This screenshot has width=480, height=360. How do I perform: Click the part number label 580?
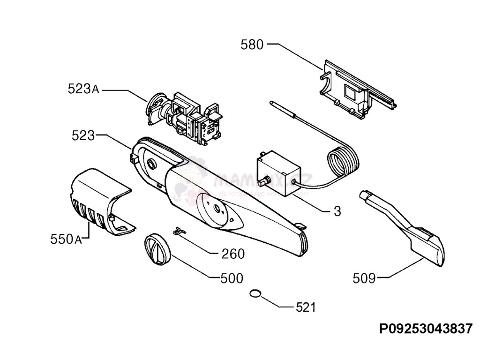(252, 45)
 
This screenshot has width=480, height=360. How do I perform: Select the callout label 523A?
(83, 89)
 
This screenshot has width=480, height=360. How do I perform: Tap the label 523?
(83, 136)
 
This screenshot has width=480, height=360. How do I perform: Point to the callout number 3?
(337, 211)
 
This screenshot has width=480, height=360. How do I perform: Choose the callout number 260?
(233, 254)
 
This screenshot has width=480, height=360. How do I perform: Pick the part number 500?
(232, 278)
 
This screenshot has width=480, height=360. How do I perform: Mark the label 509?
(364, 278)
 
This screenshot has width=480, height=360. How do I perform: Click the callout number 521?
(306, 307)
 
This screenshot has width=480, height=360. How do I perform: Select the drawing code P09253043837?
(426, 329)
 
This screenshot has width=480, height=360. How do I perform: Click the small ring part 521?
(255, 293)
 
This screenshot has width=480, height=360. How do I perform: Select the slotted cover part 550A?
(98, 202)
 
